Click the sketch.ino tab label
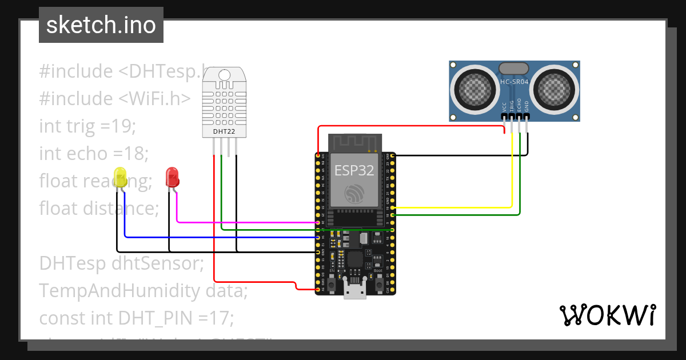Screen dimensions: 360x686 [101, 25]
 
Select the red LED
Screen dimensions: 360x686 [172, 177]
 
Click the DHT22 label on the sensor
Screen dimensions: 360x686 [224, 131]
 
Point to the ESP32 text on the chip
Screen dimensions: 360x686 [354, 170]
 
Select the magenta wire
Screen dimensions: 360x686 [246, 222]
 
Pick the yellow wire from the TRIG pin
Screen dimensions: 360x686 [512, 171]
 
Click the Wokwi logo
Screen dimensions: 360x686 [607, 315]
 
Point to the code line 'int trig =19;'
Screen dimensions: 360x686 [87, 126]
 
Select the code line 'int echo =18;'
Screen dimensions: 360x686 [94, 154]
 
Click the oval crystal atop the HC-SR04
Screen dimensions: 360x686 [514, 69]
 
